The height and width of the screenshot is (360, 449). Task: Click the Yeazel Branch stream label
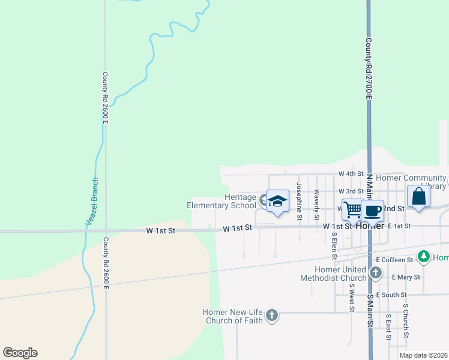click(x=91, y=202)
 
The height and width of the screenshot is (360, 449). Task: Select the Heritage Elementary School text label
click(x=221, y=201)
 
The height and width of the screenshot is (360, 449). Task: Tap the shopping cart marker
click(x=352, y=209)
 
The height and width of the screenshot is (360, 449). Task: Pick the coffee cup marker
click(x=372, y=211)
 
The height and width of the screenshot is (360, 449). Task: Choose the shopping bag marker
click(x=418, y=196)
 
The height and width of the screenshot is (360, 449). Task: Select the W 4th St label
click(x=351, y=173)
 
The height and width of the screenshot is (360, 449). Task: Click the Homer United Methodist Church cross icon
click(x=376, y=274)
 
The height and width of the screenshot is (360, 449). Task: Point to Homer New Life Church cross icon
click(x=272, y=315)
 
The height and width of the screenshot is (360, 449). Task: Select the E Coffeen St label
click(x=394, y=260)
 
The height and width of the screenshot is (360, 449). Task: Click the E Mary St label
click(x=406, y=277)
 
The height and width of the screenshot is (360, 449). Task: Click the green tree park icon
click(x=424, y=257)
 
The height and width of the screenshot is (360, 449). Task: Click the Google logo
click(x=20, y=353)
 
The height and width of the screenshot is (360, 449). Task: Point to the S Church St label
click(x=406, y=320)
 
